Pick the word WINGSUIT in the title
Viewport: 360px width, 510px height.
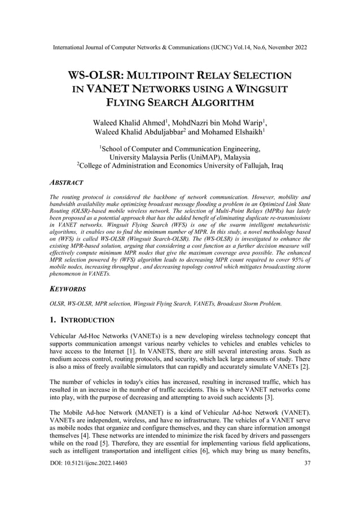(260, 89)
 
